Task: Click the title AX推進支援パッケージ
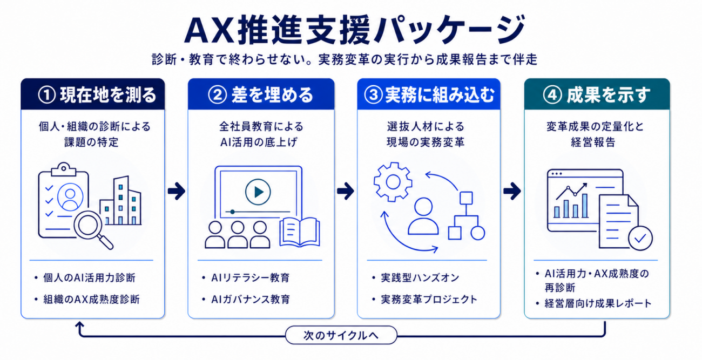coord(355,30)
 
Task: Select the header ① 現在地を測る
coord(97,95)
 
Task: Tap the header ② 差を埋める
coord(261,95)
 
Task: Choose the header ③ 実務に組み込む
coord(429,95)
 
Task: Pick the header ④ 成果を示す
coord(597,95)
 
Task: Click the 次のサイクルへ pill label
coord(341,335)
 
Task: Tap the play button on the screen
coord(258,192)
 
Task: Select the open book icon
coord(300,232)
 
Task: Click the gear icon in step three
coord(393,182)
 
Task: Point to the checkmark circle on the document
coord(640,239)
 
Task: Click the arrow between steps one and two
coord(177,191)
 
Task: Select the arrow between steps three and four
coord(512,191)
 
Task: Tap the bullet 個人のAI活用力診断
coord(89,278)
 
